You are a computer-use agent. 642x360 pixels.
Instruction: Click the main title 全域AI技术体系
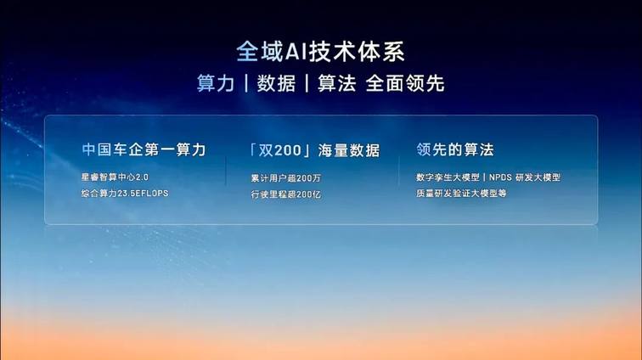pyautogui.click(x=321, y=52)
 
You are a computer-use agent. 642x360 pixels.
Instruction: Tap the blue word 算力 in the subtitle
pyautogui.click(x=216, y=83)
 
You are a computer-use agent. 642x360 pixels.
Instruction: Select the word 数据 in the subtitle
pyautogui.click(x=276, y=83)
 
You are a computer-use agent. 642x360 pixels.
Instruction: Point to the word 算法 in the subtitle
pyautogui.click(x=337, y=83)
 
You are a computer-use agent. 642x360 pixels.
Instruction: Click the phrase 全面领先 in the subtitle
pyautogui.click(x=405, y=83)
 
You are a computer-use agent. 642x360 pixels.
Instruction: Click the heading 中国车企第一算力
pyautogui.click(x=144, y=149)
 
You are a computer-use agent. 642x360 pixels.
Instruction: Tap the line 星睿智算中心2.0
pyautogui.click(x=115, y=177)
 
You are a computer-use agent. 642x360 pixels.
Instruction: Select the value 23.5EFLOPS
pyautogui.click(x=143, y=194)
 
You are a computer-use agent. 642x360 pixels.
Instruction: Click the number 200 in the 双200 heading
pyautogui.click(x=287, y=150)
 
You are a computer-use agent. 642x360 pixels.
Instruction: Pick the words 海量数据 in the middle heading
pyautogui.click(x=349, y=150)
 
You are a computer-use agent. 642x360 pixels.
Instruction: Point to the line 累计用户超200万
pyautogui.click(x=286, y=178)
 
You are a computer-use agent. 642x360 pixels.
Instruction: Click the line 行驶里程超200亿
pyautogui.click(x=286, y=194)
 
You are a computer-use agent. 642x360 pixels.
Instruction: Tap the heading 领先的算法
pyautogui.click(x=455, y=149)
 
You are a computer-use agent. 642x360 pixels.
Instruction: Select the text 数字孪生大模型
pyautogui.click(x=448, y=177)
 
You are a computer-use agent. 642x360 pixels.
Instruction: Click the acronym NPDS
pyautogui.click(x=500, y=177)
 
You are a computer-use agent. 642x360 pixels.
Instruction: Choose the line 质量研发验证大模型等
pyautogui.click(x=461, y=194)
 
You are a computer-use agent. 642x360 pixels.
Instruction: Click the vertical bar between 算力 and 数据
pyautogui.click(x=246, y=83)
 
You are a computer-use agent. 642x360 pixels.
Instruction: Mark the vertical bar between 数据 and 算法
pyautogui.click(x=307, y=83)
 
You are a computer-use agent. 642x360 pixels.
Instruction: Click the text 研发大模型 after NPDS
pyautogui.click(x=538, y=177)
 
